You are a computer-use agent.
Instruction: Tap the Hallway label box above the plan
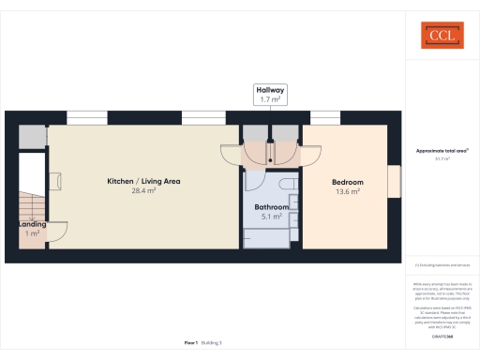pyautogui.click(x=270, y=94)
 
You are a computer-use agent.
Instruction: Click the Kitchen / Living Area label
pyautogui.click(x=143, y=180)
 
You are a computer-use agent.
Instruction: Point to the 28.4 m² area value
pyautogui.click(x=143, y=190)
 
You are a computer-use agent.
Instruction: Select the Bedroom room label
pyautogui.click(x=348, y=182)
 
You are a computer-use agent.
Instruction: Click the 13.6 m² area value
pyautogui.click(x=348, y=192)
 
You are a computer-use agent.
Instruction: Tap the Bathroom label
pyautogui.click(x=271, y=206)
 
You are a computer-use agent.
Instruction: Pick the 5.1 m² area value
pyautogui.click(x=271, y=217)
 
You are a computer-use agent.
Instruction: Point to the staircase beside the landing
pyautogui.click(x=32, y=202)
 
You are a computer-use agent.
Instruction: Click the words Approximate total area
pyautogui.click(x=441, y=150)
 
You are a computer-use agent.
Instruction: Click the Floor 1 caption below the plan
pyautogui.click(x=190, y=343)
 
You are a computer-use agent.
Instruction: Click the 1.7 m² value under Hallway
pyautogui.click(x=270, y=98)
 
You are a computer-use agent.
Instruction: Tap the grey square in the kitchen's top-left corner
pyautogui.click(x=33, y=137)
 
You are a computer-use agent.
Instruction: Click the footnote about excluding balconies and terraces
pyautogui.click(x=441, y=266)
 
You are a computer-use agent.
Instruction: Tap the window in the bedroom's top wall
pyautogui.click(x=324, y=118)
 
